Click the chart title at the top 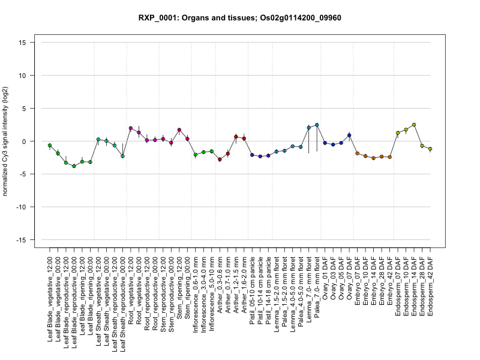coord(240,17)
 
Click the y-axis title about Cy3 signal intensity coord(7,142)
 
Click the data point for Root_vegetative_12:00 coord(131,128)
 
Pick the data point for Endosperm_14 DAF coord(414,125)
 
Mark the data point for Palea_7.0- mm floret coord(317,125)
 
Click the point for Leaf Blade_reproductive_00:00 coord(74,166)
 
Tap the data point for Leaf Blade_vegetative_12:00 coord(50,145)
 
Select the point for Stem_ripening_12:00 coord(179,130)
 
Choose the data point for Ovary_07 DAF coord(349,136)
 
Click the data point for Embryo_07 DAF coord(357,154)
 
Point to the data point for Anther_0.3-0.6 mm coord(220,159)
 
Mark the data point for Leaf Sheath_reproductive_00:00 coord(122,156)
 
